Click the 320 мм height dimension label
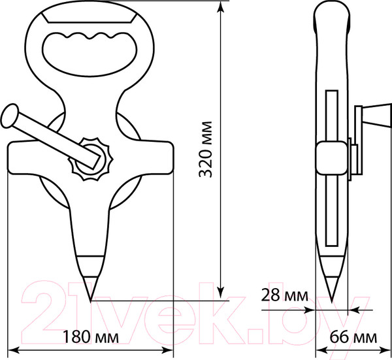pos(206,150)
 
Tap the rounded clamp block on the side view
pos(331,160)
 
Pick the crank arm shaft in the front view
pos(52,137)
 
